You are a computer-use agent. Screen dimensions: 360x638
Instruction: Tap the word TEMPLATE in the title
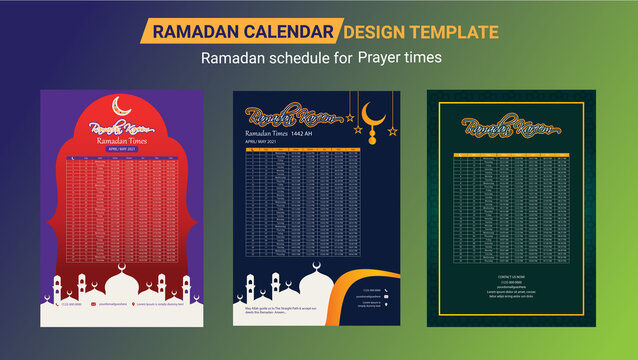[x=459, y=32]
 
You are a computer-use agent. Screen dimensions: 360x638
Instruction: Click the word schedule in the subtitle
[x=299, y=58]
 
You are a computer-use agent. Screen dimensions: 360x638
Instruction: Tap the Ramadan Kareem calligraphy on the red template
[x=119, y=129]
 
